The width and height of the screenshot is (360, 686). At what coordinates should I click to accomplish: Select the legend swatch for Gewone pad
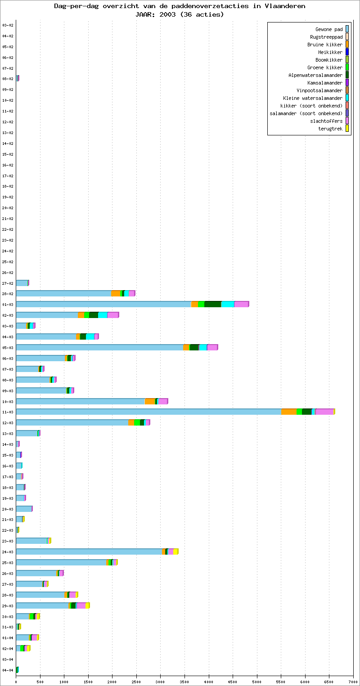tap(347, 29)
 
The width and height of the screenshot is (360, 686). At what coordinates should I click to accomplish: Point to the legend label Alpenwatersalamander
tap(315, 75)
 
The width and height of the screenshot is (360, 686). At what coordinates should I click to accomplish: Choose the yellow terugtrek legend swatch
tap(347, 129)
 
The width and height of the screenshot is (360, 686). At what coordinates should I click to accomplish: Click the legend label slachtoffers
tap(326, 121)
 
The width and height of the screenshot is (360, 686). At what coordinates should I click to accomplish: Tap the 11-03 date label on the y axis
tap(8, 412)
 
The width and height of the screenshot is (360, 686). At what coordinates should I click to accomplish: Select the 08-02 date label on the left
tap(8, 79)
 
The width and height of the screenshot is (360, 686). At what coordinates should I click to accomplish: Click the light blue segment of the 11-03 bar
tap(148, 412)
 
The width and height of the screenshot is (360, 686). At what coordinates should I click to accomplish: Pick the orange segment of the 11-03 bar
tap(289, 412)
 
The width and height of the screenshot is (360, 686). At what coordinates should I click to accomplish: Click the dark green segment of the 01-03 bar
tap(212, 304)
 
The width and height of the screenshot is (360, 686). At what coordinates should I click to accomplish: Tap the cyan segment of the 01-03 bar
tap(227, 304)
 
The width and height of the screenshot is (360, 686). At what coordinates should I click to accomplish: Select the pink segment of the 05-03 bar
tap(212, 347)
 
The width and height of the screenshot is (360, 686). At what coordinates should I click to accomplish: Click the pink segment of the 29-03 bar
tap(81, 605)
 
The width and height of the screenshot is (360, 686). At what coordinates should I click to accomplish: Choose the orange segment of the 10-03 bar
tap(150, 401)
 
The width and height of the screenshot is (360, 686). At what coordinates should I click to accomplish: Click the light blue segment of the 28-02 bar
tap(63, 293)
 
